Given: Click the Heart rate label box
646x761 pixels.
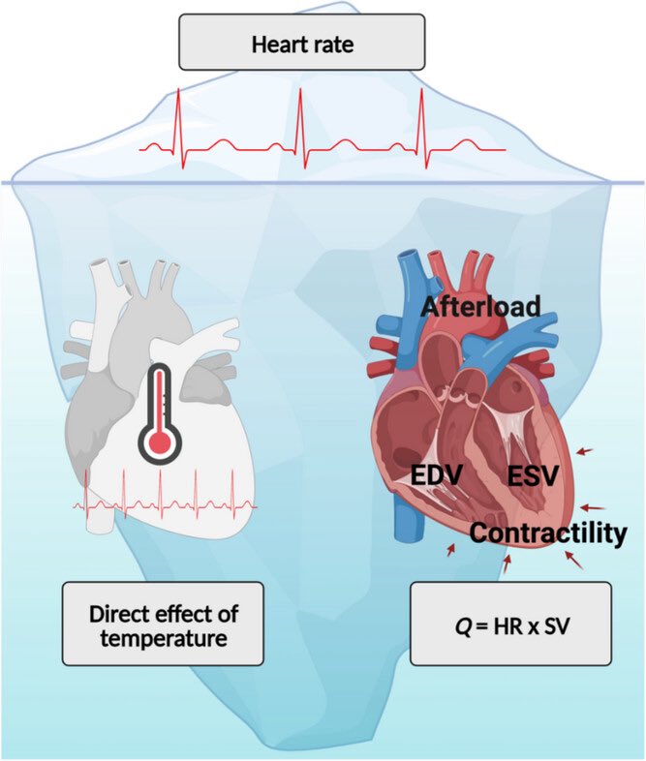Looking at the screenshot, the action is [301, 43].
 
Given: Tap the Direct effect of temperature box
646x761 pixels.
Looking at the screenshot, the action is [163, 624].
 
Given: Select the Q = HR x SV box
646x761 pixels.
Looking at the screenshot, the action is [510, 624].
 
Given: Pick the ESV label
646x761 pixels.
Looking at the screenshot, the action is [533, 476].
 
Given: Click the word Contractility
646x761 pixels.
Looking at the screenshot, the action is [549, 533].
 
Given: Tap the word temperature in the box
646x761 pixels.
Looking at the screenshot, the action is [163, 637].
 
